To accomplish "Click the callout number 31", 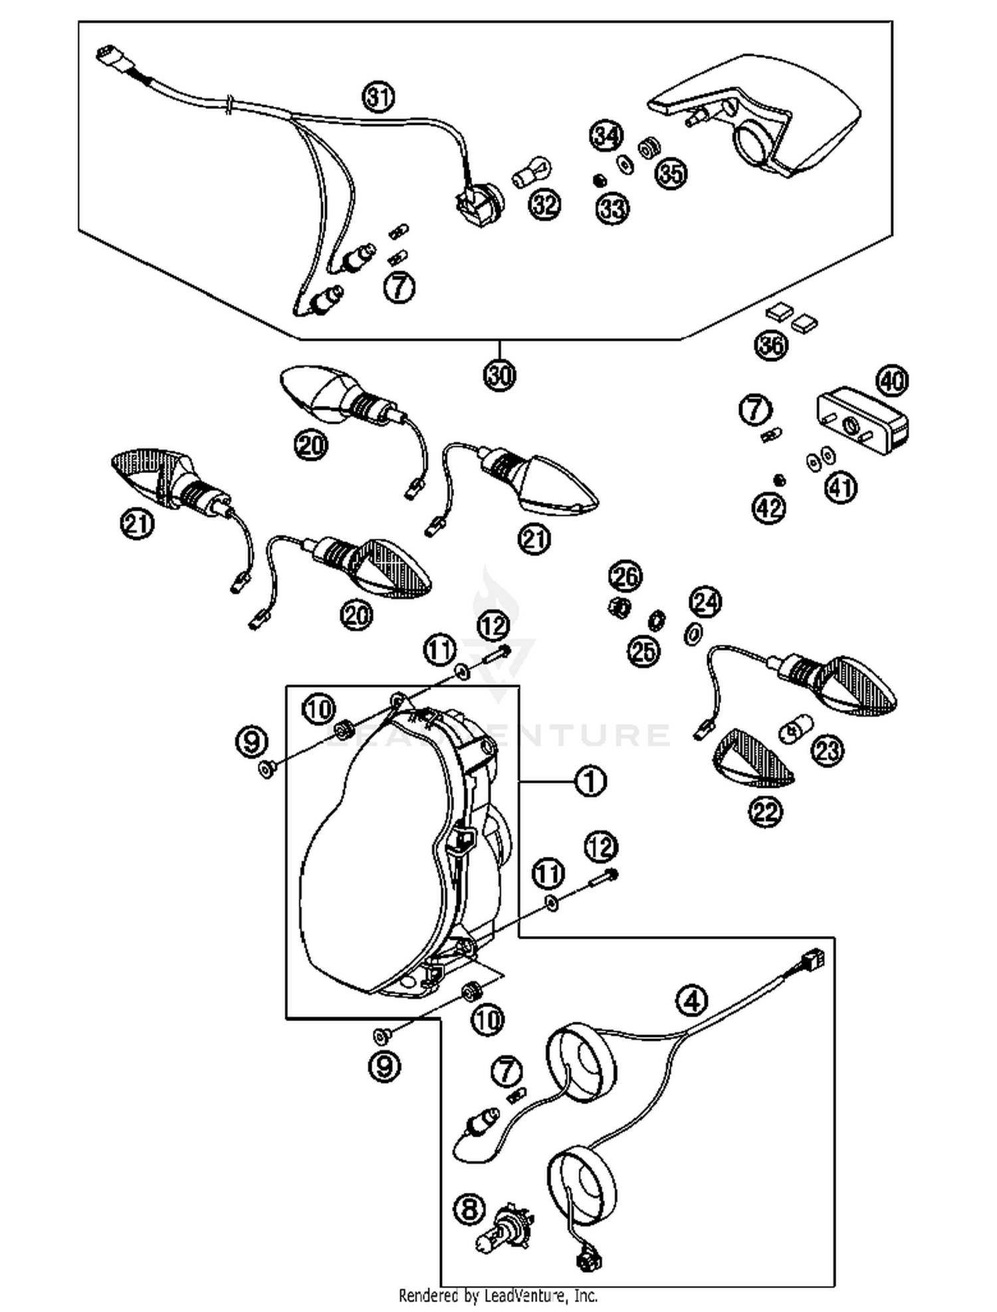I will (x=378, y=98).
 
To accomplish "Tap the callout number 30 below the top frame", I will (x=500, y=376).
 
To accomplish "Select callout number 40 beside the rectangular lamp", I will (x=893, y=381).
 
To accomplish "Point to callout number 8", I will (x=470, y=1208).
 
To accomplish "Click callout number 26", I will (x=625, y=576).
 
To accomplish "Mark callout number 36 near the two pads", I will (x=771, y=345).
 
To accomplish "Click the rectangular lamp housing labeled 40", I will (x=863, y=421).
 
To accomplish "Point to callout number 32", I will (x=544, y=205).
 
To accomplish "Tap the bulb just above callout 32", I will (x=532, y=171).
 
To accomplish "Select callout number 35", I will (x=671, y=173).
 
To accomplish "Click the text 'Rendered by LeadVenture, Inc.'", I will (x=498, y=1295).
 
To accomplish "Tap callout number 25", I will (x=643, y=651).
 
